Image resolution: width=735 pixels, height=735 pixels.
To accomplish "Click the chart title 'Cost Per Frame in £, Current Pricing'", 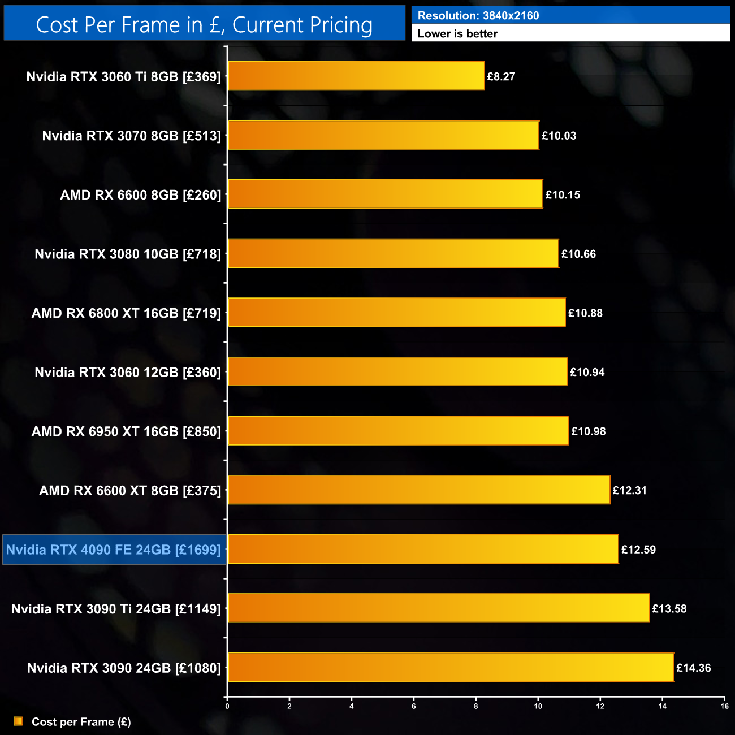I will click(x=204, y=25).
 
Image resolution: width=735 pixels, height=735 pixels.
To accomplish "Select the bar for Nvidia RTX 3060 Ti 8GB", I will click(x=356, y=76).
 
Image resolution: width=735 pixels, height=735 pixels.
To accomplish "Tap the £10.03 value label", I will click(x=559, y=136).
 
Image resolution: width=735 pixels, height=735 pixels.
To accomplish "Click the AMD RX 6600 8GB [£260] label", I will click(x=141, y=195).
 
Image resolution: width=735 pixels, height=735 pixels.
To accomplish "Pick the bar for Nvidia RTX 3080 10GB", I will click(x=393, y=254).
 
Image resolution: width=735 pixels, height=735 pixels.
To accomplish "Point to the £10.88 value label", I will click(x=585, y=313).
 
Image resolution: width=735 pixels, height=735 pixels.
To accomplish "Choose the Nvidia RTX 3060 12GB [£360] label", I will click(x=128, y=373).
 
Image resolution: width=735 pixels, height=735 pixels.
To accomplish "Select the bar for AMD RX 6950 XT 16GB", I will click(x=398, y=431).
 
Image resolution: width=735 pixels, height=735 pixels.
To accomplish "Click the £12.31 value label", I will click(x=629, y=491).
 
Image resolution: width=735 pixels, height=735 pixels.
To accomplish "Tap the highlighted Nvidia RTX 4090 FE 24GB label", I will click(x=114, y=550).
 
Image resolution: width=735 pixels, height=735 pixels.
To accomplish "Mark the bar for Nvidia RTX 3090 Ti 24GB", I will click(x=438, y=609).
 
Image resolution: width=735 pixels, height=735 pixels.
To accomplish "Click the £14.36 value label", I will click(x=693, y=668).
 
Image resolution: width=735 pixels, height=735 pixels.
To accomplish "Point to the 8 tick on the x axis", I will click(x=476, y=706).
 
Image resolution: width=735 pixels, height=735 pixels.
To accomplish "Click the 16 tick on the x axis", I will click(x=724, y=706).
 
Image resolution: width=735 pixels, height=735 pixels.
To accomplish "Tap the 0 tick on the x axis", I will click(x=227, y=706).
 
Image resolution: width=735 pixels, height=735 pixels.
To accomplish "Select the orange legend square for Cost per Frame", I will click(x=18, y=721).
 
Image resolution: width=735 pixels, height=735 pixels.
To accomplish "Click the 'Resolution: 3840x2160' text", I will click(x=478, y=16).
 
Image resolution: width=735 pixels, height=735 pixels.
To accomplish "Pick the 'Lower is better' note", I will click(x=457, y=34).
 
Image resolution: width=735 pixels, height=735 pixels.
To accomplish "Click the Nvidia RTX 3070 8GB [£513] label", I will click(x=132, y=136).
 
